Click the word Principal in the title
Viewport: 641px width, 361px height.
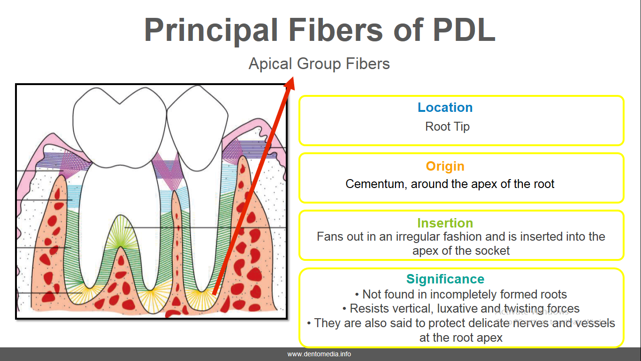click(x=211, y=30)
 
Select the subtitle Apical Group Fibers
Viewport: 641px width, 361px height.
click(x=319, y=63)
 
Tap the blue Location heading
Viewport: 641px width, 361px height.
click(x=445, y=108)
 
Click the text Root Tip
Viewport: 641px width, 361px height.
click(x=447, y=126)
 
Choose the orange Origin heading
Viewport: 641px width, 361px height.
click(x=445, y=166)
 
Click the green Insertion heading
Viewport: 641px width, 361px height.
click(x=445, y=223)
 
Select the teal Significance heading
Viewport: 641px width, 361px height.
click(x=445, y=279)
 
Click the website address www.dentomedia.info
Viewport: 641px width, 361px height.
click(x=319, y=354)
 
